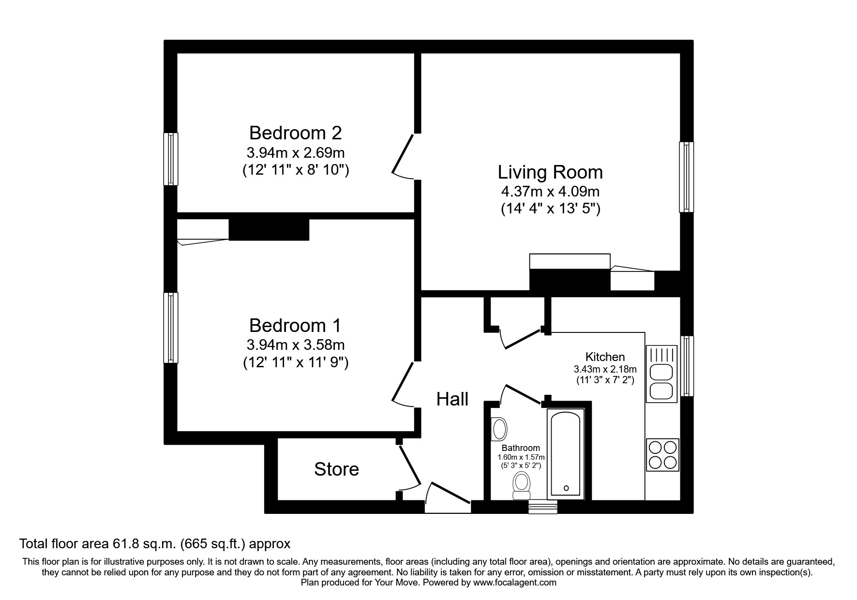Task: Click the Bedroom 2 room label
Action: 295,133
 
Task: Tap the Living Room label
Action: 550,172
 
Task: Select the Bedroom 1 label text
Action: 295,325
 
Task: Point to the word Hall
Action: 452,399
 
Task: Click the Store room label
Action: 336,469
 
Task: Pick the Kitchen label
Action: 605,357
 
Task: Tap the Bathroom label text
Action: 521,448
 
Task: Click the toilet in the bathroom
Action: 521,485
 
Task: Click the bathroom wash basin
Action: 498,429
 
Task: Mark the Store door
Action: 409,467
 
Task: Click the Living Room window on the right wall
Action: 686,177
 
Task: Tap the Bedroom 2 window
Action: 171,159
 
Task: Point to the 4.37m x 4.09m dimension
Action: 550,192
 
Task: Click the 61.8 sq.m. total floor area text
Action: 154,544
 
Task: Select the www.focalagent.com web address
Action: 514,583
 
